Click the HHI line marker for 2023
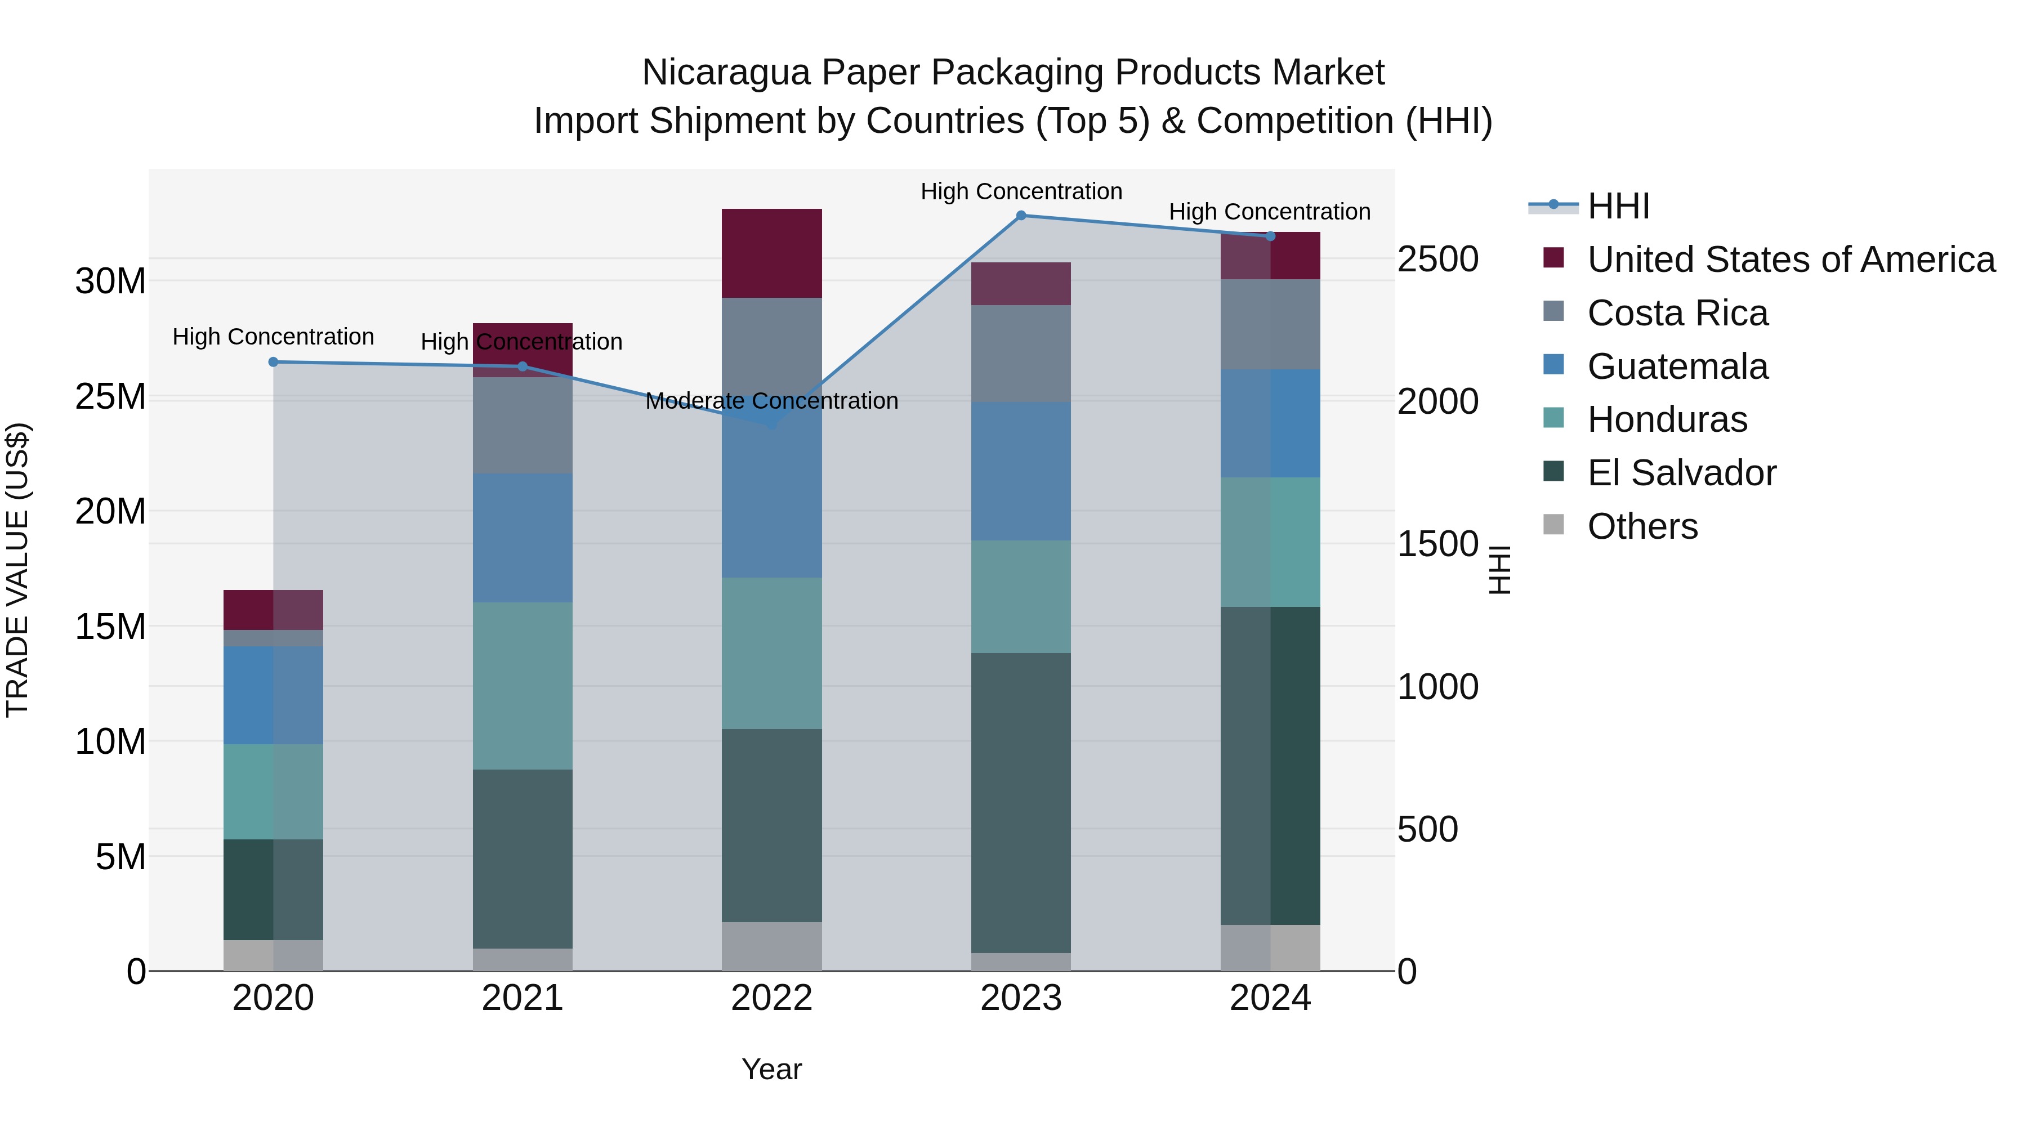pos(1021,215)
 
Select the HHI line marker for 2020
pos(273,362)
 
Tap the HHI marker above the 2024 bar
pos(1270,236)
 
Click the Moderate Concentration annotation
pos(771,401)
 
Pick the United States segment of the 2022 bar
pos(771,253)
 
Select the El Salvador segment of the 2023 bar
pos(1021,802)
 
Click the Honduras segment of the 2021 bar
pos(523,686)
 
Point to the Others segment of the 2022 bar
pos(771,946)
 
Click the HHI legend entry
pos(1618,206)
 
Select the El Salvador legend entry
pos(1681,473)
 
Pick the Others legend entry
pos(1642,526)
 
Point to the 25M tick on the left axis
pos(110,396)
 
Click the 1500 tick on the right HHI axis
pos(1437,544)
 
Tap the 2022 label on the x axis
pos(771,998)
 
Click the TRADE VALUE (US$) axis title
pos(17,570)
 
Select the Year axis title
pos(771,1069)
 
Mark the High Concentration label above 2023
pos(1021,191)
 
